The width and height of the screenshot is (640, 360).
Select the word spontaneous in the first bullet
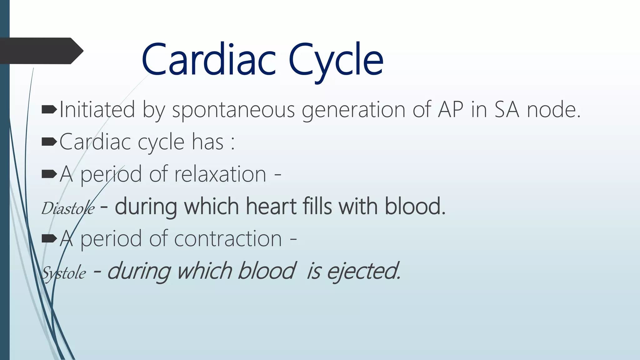click(233, 110)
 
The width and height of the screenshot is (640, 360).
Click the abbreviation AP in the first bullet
click(450, 109)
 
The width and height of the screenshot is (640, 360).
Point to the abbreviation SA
click(506, 109)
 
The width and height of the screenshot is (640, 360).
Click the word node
click(553, 109)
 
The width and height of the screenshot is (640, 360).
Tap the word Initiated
click(97, 109)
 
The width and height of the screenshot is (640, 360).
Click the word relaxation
click(220, 174)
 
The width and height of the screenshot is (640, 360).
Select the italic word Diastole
click(68, 208)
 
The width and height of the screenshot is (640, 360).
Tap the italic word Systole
click(64, 273)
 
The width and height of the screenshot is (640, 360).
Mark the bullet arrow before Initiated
click(49, 109)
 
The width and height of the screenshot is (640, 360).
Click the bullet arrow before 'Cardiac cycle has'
click(49, 142)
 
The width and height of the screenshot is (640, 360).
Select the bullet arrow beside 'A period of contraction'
click(49, 239)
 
